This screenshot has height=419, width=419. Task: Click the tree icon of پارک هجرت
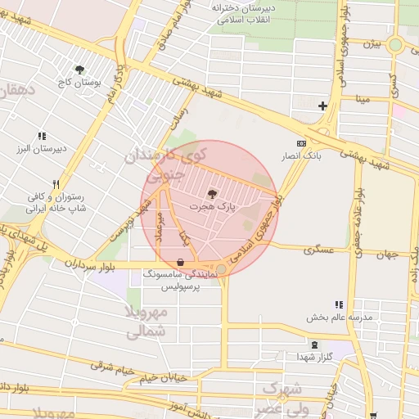tap(213, 194)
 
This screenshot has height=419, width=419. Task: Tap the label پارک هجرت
tap(213, 209)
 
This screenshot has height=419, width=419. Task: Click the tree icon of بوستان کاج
tap(79, 70)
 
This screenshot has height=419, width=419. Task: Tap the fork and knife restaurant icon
tap(56, 185)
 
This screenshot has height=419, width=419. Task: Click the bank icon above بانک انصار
tap(302, 142)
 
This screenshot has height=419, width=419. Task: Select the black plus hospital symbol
tap(322, 106)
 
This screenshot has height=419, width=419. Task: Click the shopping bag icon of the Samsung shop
tap(180, 262)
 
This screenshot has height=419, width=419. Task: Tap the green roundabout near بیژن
tap(395, 45)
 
